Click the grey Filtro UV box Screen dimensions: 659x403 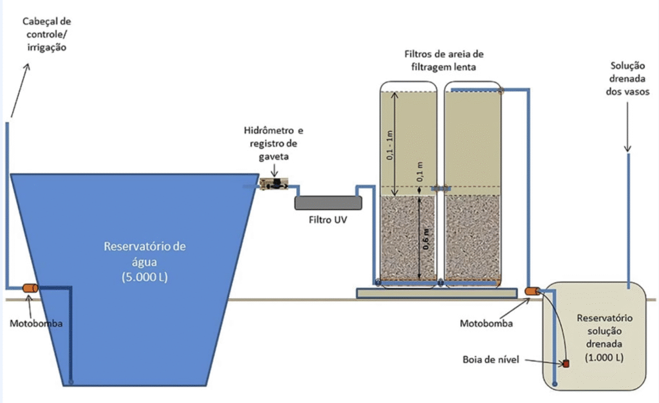pos(328,202)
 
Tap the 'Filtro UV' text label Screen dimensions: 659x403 pos(328,220)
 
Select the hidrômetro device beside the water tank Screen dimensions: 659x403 pos(274,184)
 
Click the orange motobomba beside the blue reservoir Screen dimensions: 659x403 pos(30,288)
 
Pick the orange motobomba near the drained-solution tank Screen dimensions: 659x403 pos(532,291)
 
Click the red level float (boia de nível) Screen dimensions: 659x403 pos(566,364)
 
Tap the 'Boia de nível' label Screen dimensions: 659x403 pos(490,359)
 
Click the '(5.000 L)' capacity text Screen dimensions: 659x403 pos(145,277)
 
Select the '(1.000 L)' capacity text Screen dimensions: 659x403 pos(604,357)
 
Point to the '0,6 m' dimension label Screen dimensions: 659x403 pos(426,239)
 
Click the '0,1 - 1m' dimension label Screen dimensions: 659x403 pos(389,145)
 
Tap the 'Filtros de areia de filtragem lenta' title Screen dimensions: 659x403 pos(444,60)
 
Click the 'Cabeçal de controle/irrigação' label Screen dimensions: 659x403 pos(46,34)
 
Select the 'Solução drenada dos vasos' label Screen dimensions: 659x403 pos(627,78)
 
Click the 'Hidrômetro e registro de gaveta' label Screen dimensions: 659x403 pos(274,143)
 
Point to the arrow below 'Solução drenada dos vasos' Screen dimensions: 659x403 pos(627,127)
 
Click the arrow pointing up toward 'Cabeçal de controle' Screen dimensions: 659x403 pos(20,90)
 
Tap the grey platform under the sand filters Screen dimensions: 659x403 pos(437,293)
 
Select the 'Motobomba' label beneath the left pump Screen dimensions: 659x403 pos(36,323)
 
